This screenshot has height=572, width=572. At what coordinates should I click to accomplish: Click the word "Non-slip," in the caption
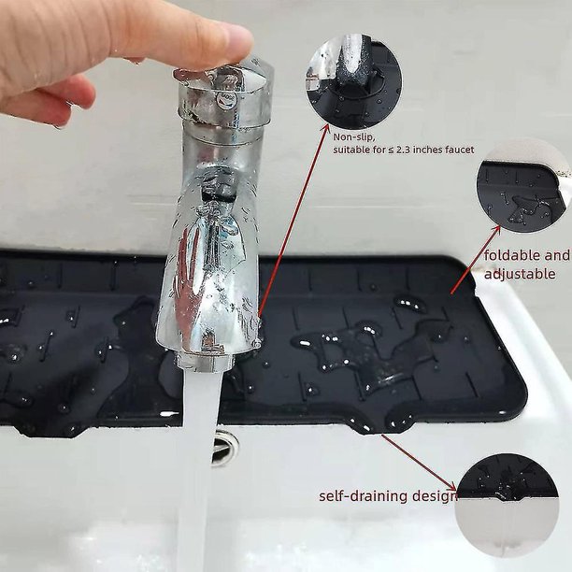pyautogui.click(x=353, y=137)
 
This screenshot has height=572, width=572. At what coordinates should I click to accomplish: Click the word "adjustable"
pyautogui.click(x=520, y=274)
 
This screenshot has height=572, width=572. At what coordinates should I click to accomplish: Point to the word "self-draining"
pyautogui.click(x=364, y=496)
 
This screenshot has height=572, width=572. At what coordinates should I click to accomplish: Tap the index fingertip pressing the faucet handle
pyautogui.click(x=234, y=44)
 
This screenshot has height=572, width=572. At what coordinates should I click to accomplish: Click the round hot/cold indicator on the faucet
pyautogui.click(x=222, y=100)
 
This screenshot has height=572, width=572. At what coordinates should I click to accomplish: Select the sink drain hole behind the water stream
pyautogui.click(x=224, y=448)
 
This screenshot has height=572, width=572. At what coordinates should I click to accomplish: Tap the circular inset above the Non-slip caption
pyautogui.click(x=353, y=81)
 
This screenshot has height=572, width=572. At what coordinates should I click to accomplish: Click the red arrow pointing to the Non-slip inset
pyautogui.click(x=293, y=219)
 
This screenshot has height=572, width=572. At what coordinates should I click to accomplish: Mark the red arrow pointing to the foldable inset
pyautogui.click(x=476, y=260)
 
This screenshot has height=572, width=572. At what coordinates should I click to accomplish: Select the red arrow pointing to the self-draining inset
pyautogui.click(x=419, y=463)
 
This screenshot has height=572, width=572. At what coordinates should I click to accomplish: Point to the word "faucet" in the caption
pyautogui.click(x=460, y=150)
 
